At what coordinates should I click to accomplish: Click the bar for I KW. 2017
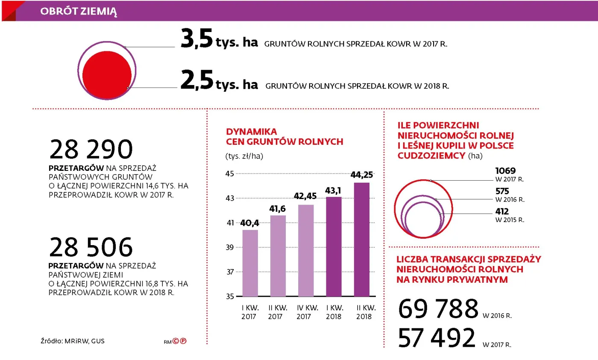[x=250, y=263]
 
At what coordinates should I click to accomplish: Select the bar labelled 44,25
[x=361, y=239]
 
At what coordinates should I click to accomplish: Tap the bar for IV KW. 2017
[x=306, y=250]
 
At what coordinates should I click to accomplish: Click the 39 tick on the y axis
[x=230, y=248]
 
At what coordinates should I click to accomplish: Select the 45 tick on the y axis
[x=230, y=174]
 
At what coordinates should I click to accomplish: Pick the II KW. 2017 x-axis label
[x=278, y=312]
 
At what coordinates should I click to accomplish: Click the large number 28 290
[x=91, y=150]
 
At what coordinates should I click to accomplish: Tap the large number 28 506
[x=91, y=248]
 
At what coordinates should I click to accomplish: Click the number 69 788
[x=438, y=310]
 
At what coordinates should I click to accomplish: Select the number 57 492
[x=437, y=338]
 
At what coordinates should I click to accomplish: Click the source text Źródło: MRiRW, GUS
[x=70, y=341]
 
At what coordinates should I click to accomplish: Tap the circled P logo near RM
[x=184, y=341]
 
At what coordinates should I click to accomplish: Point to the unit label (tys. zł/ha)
[x=244, y=156]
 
